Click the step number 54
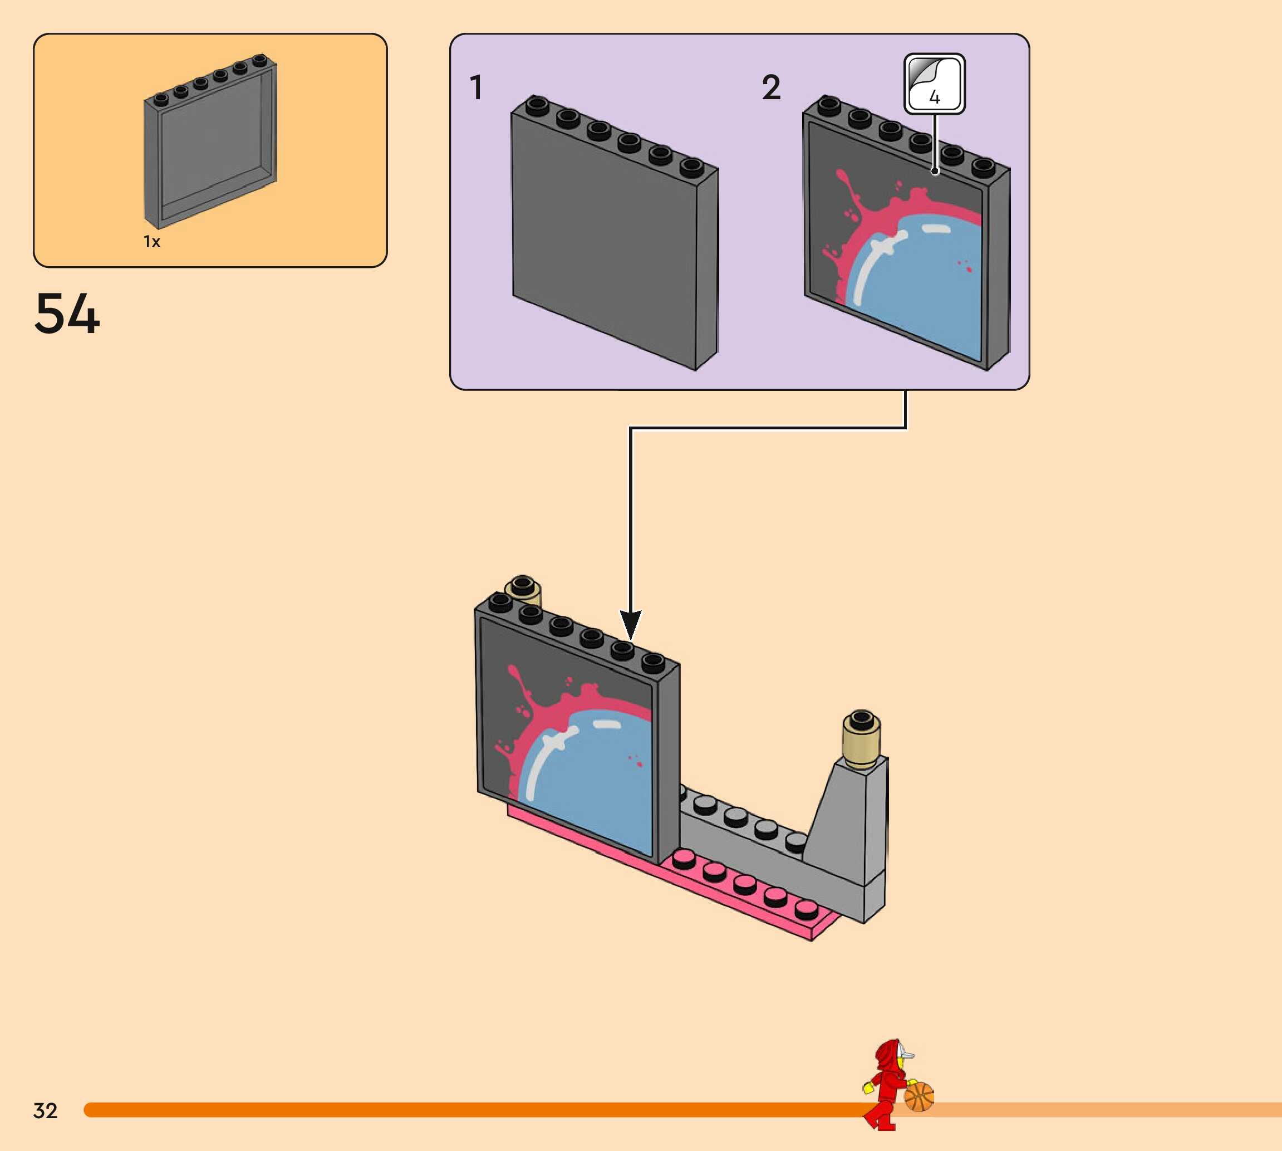pyautogui.click(x=67, y=314)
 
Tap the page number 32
pyautogui.click(x=46, y=1110)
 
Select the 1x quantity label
pyautogui.click(x=152, y=242)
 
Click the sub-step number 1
pyautogui.click(x=476, y=87)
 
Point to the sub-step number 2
pyautogui.click(x=770, y=87)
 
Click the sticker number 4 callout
pyautogui.click(x=934, y=84)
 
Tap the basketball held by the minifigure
pyautogui.click(x=918, y=1096)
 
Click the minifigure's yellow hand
pyautogui.click(x=868, y=1088)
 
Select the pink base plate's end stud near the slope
pyautogui.click(x=807, y=909)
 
